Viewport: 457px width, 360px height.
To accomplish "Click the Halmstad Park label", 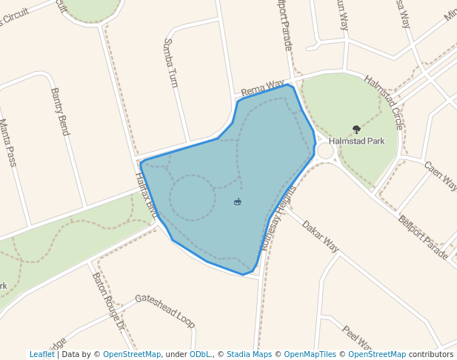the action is (357, 141).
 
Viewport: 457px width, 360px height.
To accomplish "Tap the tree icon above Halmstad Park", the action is (356, 130).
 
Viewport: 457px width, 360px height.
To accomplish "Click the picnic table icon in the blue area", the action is (237, 201).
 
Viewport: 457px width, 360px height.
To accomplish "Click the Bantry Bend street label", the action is (60, 112).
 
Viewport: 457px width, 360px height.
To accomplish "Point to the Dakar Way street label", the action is (320, 236).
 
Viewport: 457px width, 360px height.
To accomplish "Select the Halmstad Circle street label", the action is (383, 101).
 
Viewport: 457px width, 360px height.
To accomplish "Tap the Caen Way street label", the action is (441, 177).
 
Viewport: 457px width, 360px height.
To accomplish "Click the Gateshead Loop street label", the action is (164, 310).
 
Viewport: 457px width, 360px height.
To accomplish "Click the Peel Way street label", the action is (356, 340).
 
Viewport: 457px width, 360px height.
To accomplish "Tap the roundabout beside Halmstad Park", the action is (325, 151).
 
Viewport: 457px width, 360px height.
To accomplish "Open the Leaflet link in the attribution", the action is (41, 355).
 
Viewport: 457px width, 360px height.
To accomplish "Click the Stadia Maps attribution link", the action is (249, 355).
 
